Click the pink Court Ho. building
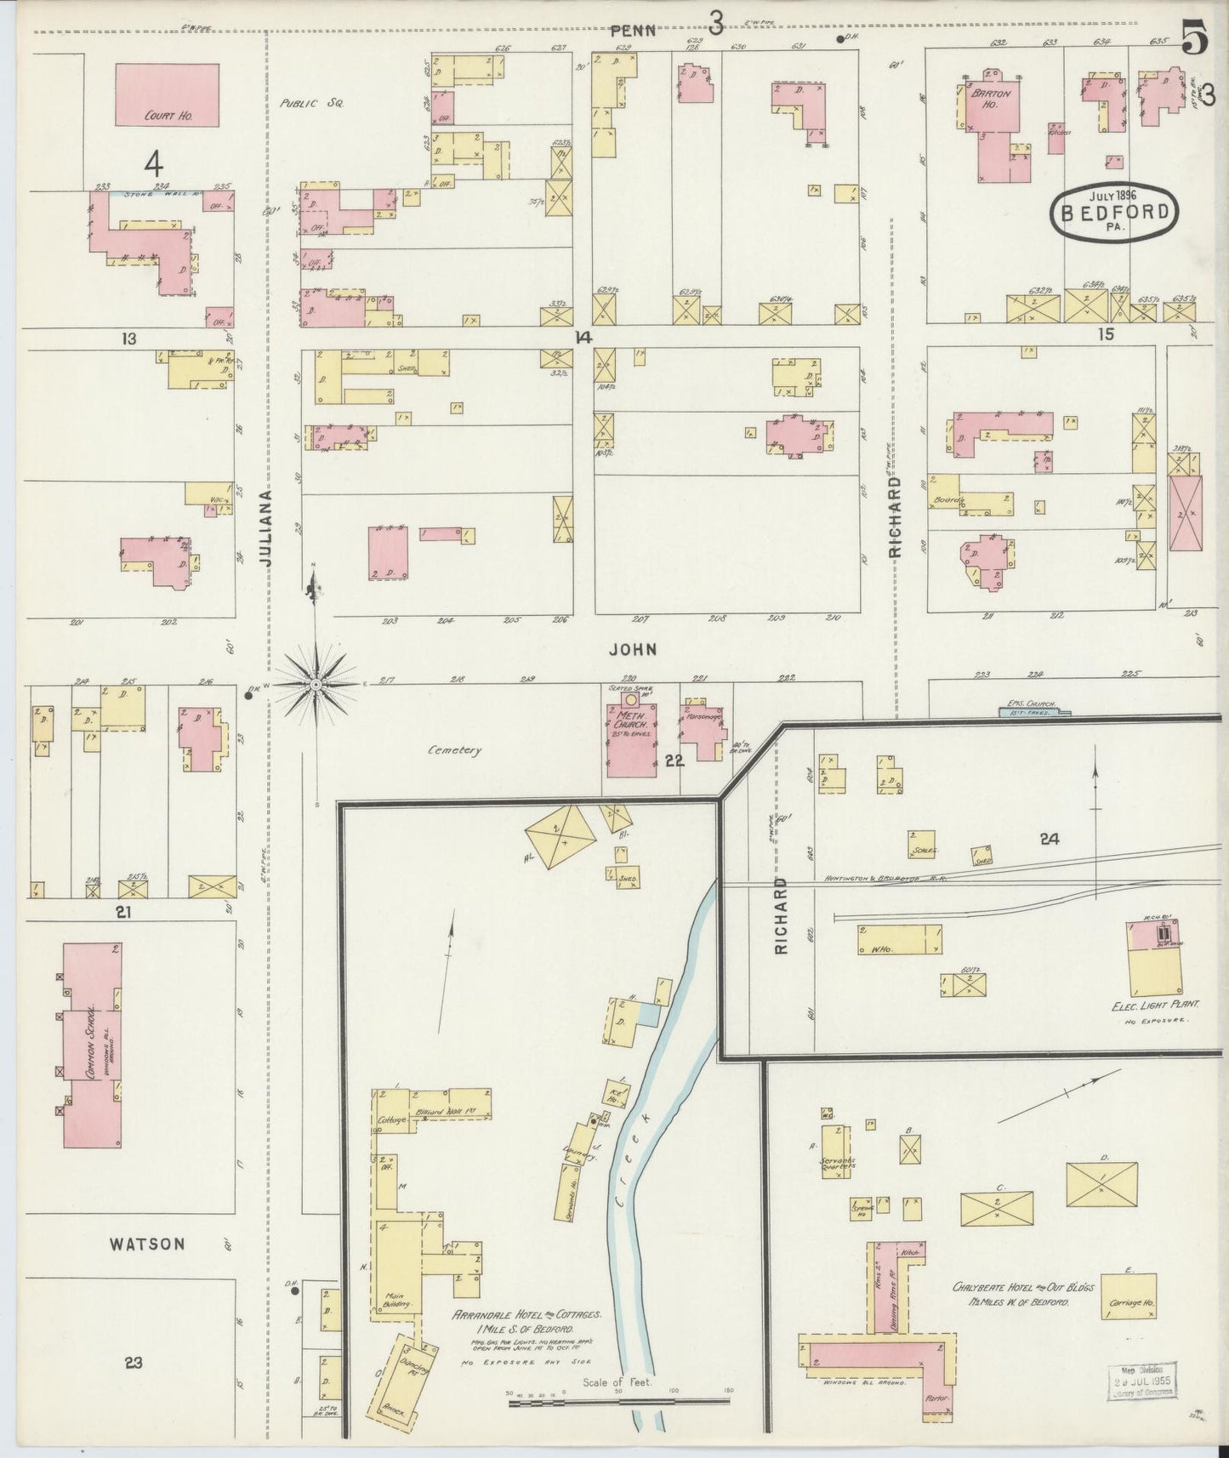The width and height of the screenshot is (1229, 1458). coord(167,94)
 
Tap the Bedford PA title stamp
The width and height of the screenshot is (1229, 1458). coord(1113,213)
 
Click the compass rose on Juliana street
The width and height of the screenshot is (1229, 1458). coord(316,683)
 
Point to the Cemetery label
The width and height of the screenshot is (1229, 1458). coord(455,750)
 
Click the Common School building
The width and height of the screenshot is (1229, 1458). coord(92,1044)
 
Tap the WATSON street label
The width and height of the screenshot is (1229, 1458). coord(147,1244)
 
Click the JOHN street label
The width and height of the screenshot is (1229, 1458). coord(633,650)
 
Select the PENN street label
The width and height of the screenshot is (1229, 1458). coord(634,31)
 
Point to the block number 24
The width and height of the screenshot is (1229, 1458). coord(1050,840)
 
